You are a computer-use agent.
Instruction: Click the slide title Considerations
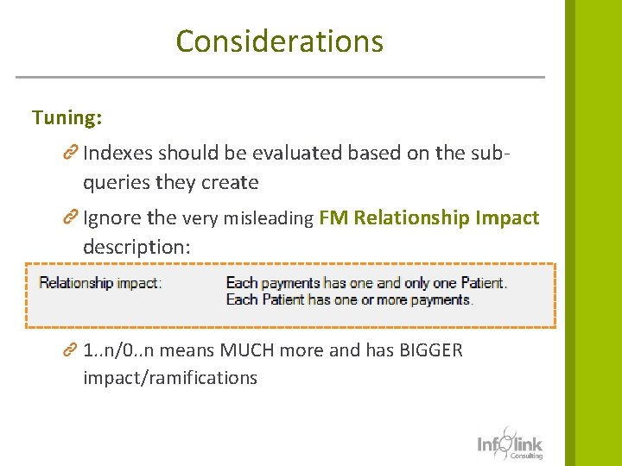pos(279,41)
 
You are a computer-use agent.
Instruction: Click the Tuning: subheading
pos(67,117)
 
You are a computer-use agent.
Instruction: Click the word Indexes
pos(117,153)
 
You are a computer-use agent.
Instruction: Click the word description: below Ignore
pos(136,247)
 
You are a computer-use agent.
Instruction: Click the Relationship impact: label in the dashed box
pos(100,283)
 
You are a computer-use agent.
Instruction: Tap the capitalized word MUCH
pos(250,350)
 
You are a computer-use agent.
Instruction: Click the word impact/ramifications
pos(170,378)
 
